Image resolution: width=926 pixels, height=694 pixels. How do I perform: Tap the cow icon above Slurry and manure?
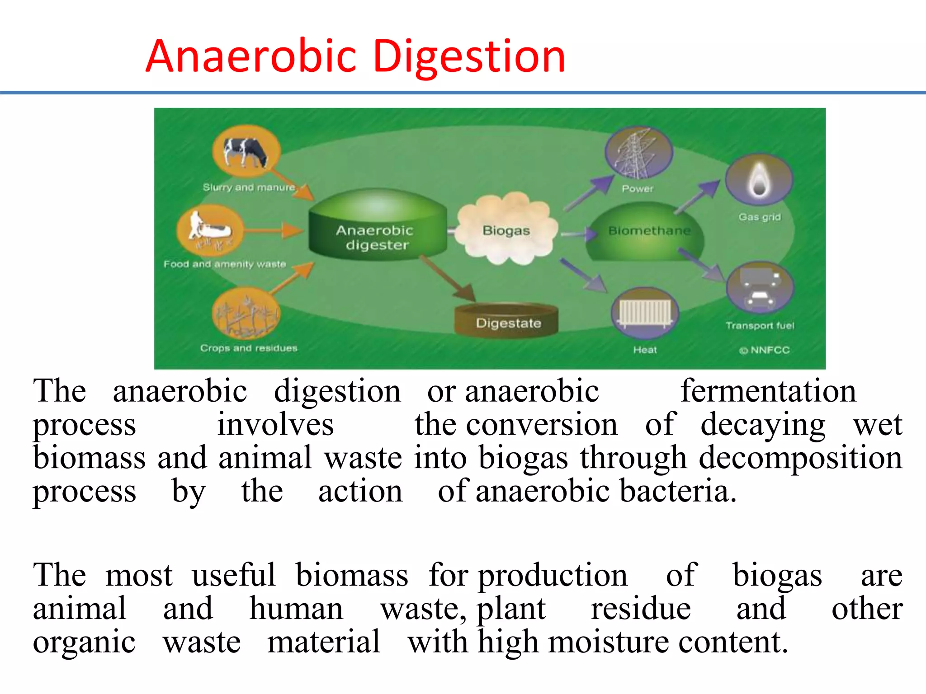pos(246,151)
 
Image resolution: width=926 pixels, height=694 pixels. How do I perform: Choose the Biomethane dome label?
pos(649,231)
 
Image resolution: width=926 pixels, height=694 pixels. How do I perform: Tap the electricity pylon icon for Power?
pos(638,153)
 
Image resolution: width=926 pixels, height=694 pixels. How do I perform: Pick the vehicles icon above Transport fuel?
pos(760,287)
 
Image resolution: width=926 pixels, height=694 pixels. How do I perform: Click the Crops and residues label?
pos(249,348)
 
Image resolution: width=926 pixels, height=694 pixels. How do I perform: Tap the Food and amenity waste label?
pos(225,264)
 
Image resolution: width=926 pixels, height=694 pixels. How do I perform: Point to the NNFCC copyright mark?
pos(765,350)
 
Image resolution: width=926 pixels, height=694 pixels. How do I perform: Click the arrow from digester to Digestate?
pos(447,278)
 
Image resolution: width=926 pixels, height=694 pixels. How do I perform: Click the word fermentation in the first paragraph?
pos(768,391)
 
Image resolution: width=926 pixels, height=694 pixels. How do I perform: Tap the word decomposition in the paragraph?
pos(800,458)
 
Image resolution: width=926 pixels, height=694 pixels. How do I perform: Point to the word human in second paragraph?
pos(296,609)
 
